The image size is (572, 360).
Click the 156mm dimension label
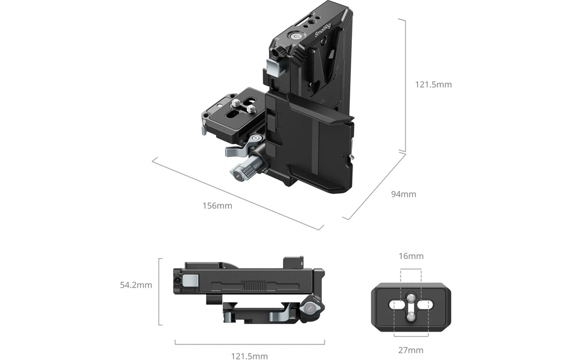point(217,205)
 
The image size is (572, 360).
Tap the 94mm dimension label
point(403,194)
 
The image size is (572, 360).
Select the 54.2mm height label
point(136,285)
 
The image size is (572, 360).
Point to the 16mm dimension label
point(411,256)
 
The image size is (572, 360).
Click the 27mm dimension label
point(411,350)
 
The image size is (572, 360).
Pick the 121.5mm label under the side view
point(250,356)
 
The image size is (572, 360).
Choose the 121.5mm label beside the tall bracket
point(433,84)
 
